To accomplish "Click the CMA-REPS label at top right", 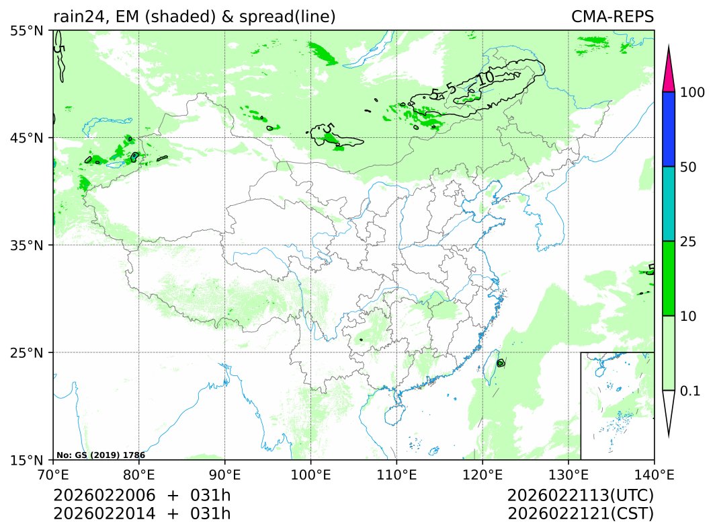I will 612,17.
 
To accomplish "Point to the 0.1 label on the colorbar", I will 691,391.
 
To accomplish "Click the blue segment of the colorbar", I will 668,129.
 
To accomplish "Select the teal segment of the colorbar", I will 668,203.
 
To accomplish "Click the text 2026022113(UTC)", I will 581,496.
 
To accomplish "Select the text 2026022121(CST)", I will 581,514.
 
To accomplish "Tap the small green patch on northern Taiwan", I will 501,363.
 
